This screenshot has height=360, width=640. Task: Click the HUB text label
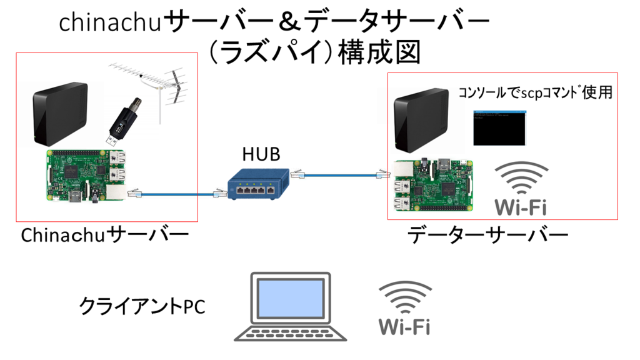point(261,155)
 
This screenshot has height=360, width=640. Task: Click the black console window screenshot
point(499,128)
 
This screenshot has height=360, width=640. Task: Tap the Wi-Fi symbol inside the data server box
point(521,188)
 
